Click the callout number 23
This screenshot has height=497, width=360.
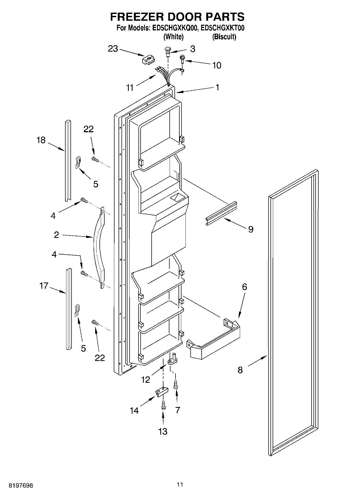click(x=113, y=49)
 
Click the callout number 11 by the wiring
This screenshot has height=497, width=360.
click(x=130, y=88)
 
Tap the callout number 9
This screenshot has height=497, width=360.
click(x=251, y=229)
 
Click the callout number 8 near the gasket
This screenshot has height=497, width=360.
click(x=240, y=370)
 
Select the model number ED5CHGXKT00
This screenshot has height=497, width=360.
click(x=223, y=28)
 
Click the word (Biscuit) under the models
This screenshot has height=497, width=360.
click(x=224, y=37)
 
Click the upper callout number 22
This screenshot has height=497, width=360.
click(x=88, y=129)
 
